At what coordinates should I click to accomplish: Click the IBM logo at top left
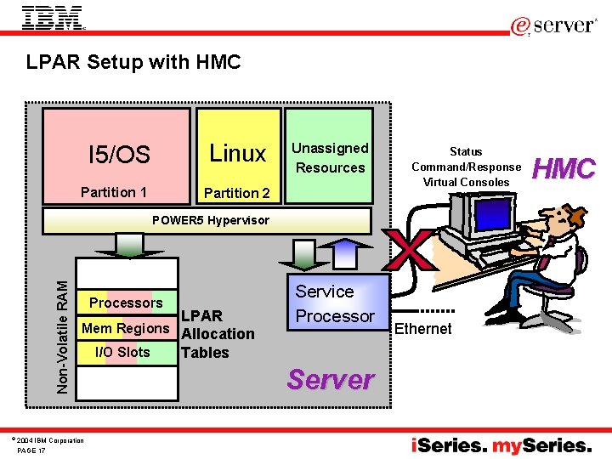pyautogui.click(x=53, y=19)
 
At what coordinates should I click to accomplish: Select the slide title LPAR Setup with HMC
pyautogui.click(x=133, y=62)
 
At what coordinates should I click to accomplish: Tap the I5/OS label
pyautogui.click(x=119, y=155)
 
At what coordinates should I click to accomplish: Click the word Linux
pyautogui.click(x=238, y=153)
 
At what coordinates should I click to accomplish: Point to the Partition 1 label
pyautogui.click(x=114, y=192)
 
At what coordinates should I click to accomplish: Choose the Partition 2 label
pyautogui.click(x=237, y=193)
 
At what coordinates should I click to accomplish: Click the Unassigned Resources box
pyautogui.click(x=330, y=157)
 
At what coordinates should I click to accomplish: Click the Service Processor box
pyautogui.click(x=334, y=303)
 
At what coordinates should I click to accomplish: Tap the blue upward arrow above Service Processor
pyautogui.click(x=339, y=253)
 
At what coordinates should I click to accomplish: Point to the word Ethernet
pyautogui.click(x=423, y=329)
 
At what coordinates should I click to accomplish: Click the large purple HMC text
pyautogui.click(x=564, y=169)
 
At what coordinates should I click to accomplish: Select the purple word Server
pyautogui.click(x=331, y=379)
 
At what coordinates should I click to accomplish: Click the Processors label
pyautogui.click(x=126, y=303)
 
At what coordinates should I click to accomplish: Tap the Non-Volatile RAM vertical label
pyautogui.click(x=63, y=325)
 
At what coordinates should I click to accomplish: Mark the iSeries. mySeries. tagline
pyautogui.click(x=501, y=445)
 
